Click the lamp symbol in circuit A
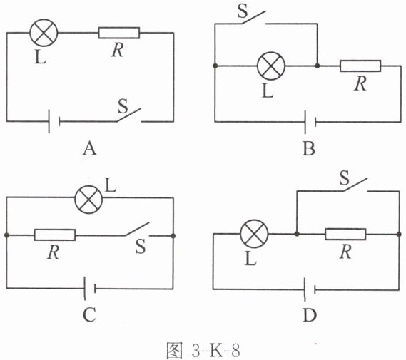(x=44, y=33)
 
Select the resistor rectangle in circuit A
(x=119, y=33)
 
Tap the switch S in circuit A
(x=129, y=115)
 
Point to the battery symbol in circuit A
(x=54, y=121)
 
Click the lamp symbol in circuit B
(x=271, y=66)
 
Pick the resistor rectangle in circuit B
(x=360, y=66)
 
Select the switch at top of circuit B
(x=254, y=18)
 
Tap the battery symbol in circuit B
(x=310, y=122)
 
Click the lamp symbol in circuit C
(x=88, y=200)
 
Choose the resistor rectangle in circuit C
(x=55, y=235)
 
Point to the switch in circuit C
(x=137, y=229)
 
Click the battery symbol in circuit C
(x=90, y=289)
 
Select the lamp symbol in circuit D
(x=254, y=234)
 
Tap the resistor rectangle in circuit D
(x=345, y=234)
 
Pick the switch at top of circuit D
(x=355, y=185)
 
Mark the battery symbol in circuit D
(x=310, y=289)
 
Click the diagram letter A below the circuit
(x=90, y=149)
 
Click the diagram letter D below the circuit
(x=310, y=316)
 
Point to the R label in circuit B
(x=360, y=83)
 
